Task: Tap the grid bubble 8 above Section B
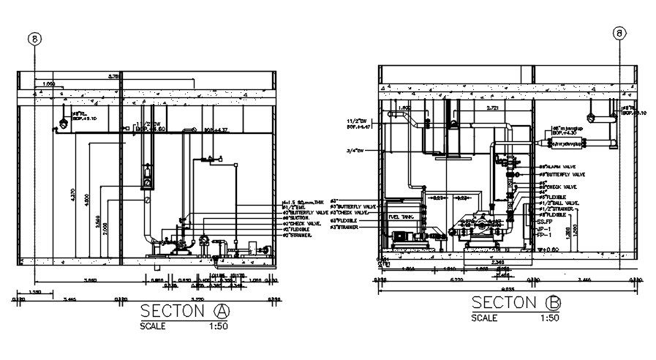[619, 33]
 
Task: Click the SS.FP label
[544, 221]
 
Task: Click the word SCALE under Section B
[484, 318]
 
